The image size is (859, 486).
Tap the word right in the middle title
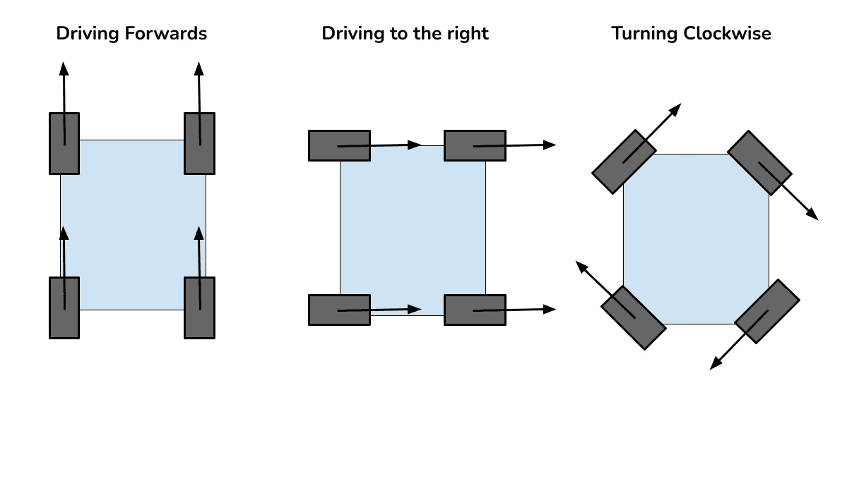click(x=468, y=34)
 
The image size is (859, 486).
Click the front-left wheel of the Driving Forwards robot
click(x=64, y=143)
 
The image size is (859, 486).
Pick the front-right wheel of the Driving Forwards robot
click(x=199, y=143)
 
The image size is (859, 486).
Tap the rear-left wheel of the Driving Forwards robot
click(x=64, y=308)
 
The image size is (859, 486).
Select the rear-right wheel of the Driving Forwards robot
click(x=199, y=308)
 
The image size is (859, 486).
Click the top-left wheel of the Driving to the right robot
click(x=339, y=145)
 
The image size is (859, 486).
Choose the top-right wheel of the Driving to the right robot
click(x=475, y=145)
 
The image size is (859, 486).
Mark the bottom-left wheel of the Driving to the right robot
click(x=339, y=310)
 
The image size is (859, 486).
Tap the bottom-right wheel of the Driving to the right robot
click(x=475, y=310)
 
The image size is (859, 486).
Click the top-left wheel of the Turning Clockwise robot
click(x=624, y=162)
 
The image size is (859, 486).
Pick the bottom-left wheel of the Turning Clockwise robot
click(x=633, y=317)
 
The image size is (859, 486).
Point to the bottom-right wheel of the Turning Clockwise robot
click(x=767, y=311)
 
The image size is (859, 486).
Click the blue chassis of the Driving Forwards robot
click(x=132, y=224)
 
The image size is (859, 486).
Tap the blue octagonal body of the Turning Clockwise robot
click(x=696, y=238)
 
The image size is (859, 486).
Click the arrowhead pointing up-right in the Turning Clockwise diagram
click(x=676, y=108)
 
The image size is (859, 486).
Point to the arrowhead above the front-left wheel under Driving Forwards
click(x=64, y=68)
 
